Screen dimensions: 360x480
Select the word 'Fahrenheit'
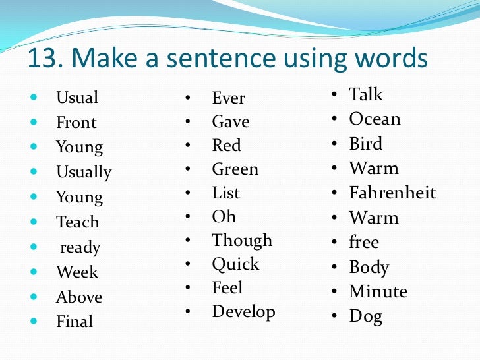[392, 193]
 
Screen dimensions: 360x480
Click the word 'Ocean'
[375, 119]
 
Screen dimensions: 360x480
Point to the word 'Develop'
[243, 311]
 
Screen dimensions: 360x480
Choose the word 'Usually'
[84, 173]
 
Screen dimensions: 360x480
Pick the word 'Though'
[242, 240]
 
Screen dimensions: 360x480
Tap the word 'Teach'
[77, 223]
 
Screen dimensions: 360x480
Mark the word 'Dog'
[365, 316]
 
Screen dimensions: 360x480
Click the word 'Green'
[235, 169]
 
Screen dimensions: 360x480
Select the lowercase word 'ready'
[80, 248]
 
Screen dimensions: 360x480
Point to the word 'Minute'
[378, 291]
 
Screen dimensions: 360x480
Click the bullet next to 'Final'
[34, 322]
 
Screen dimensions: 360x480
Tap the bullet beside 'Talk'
[335, 95]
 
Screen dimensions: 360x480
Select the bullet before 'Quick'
[188, 264]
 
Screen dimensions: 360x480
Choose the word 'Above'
[79, 297]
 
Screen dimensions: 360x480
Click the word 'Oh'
[224, 217]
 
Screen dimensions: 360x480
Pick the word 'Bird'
[365, 144]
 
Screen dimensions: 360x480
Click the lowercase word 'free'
[364, 243]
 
